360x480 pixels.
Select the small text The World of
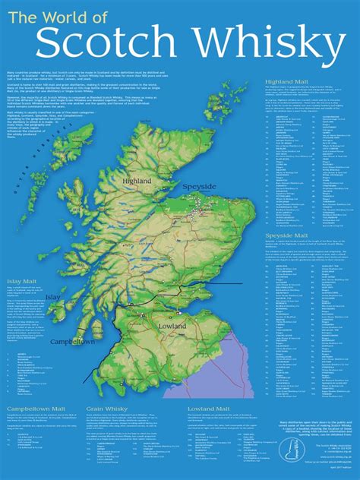pos(60,16)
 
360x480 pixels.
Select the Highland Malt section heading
pos(289,81)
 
